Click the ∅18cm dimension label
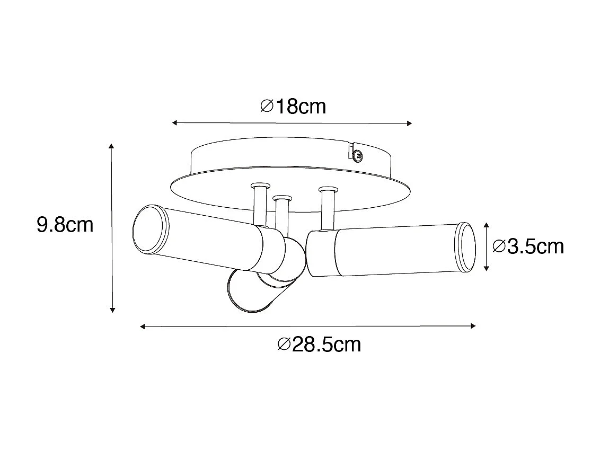pos(293,107)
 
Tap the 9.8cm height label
pos(65,225)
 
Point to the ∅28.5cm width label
pos(319,345)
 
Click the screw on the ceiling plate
pos(358,155)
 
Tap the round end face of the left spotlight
pos(149,230)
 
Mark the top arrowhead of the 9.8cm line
pos(111,146)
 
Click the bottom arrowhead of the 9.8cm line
pos(112,310)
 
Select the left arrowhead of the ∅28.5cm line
pos(143,327)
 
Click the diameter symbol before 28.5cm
pos(284,345)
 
